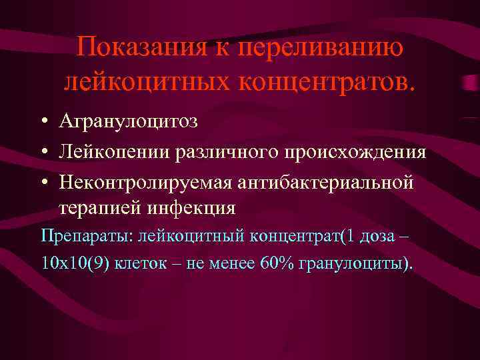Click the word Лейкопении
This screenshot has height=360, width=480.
tap(114, 152)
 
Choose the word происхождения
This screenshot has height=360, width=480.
tap(353, 152)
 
